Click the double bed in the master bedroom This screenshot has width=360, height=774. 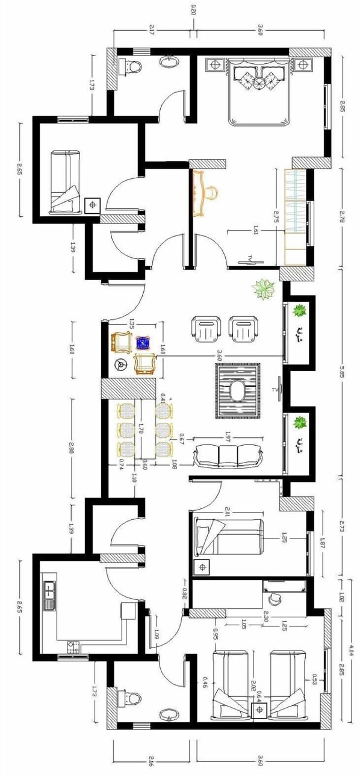[x=259, y=90]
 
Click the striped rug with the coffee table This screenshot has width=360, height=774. [x=237, y=390]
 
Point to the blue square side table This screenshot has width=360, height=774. [x=143, y=343]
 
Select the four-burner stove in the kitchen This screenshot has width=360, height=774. [x=73, y=648]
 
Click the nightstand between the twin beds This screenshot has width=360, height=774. [x=259, y=711]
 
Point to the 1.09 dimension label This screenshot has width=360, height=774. [x=157, y=634]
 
